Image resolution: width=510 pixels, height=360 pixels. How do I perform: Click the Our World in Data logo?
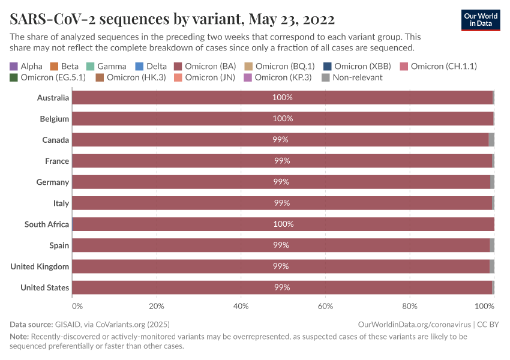coord(481,19)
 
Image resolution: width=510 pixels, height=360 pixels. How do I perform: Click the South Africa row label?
coord(47,224)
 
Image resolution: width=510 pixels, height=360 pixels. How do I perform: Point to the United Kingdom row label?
coord(40,266)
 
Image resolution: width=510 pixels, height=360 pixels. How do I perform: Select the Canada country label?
coord(55,140)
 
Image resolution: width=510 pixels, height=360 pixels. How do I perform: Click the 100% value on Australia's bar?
coord(282,98)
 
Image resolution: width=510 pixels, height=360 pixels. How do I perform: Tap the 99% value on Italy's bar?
coord(282,203)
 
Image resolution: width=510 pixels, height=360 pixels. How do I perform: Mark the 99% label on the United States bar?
coord(282,287)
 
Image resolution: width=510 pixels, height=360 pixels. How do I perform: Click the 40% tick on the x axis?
coord(241,306)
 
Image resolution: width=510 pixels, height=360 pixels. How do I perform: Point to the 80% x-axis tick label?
coord(410,306)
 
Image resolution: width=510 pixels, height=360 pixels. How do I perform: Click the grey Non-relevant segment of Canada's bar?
coord(491,140)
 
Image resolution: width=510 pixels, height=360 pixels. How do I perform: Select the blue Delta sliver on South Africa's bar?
coord(73,224)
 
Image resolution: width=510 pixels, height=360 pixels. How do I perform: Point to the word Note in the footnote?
coord(19,337)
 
